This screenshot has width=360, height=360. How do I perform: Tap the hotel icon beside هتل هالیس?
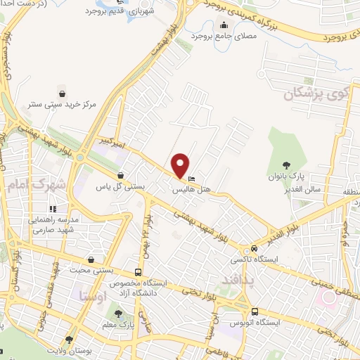[192, 179]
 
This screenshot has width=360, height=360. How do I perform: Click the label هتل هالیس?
[191, 189]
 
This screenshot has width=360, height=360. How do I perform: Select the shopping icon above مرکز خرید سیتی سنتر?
[63, 93]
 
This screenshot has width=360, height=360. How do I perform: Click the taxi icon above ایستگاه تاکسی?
[254, 250]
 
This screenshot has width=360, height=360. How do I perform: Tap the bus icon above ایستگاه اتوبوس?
[255, 311]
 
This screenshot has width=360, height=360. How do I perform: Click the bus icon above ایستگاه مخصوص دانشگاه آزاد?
[138, 272]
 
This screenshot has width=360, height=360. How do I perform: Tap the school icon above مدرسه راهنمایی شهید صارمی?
[52, 208]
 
